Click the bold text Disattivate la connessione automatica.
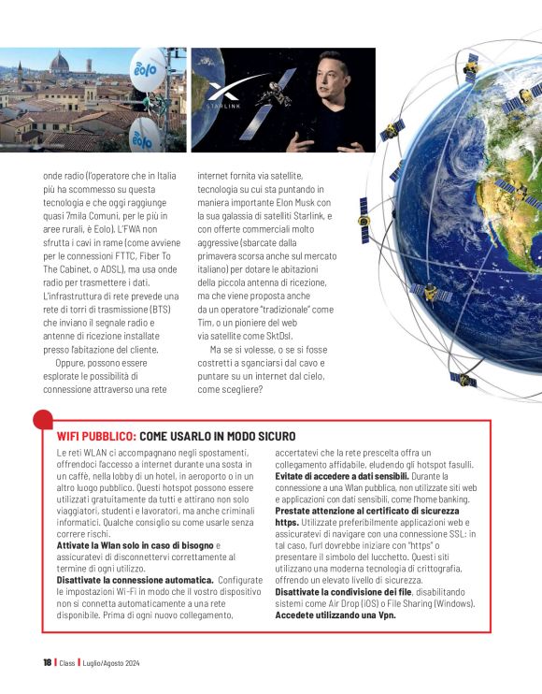coord(125,580)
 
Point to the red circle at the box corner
coord(43,420)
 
